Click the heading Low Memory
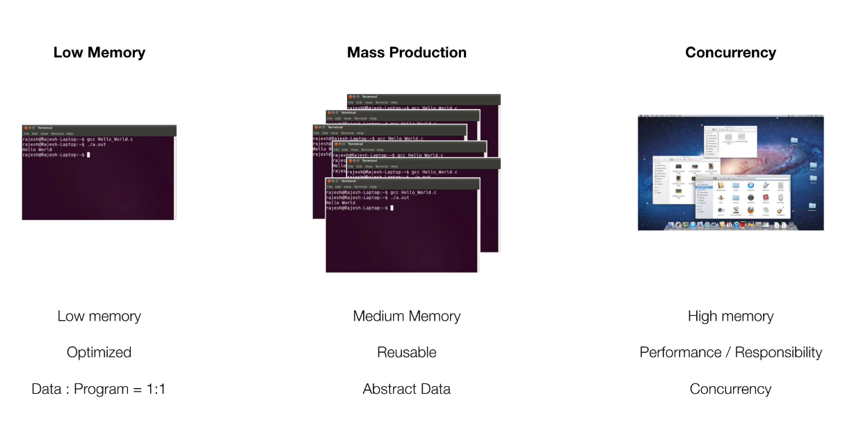(99, 53)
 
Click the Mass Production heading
(407, 53)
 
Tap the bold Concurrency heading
(730, 53)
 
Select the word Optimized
(99, 353)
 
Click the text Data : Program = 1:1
(99, 389)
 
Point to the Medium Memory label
(407, 317)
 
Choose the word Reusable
(407, 353)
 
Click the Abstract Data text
(407, 389)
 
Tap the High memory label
(730, 317)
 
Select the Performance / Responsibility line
(730, 353)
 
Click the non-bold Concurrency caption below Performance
(730, 389)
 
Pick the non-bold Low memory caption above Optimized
(99, 317)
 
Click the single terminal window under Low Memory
(99, 181)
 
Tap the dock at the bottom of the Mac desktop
(730, 225)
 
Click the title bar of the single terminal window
(99, 128)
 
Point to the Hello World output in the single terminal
(37, 150)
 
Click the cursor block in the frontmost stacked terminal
(392, 208)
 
